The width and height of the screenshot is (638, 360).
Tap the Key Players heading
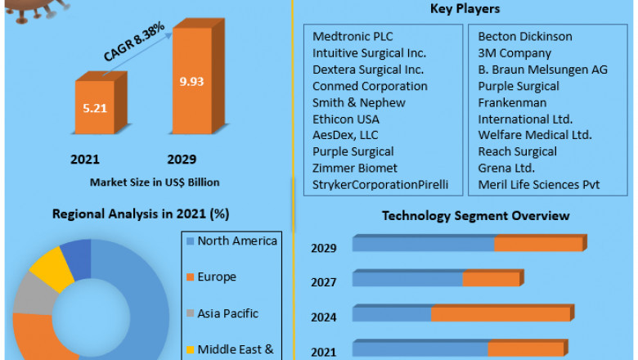[x=465, y=9]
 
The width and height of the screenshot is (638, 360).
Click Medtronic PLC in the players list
[x=353, y=37]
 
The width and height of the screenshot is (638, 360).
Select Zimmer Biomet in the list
[x=355, y=168]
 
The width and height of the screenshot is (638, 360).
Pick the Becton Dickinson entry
[x=525, y=37]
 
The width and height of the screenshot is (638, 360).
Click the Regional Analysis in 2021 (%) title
[x=141, y=214]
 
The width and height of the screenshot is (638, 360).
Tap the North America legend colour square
[x=190, y=241]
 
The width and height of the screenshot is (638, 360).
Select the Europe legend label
[x=217, y=277]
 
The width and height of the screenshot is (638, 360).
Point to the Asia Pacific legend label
[x=228, y=313]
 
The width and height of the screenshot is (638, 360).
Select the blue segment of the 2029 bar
[x=423, y=245]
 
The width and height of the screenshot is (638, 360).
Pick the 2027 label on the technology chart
[x=323, y=281]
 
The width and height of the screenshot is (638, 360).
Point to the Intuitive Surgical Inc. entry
[x=369, y=53]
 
